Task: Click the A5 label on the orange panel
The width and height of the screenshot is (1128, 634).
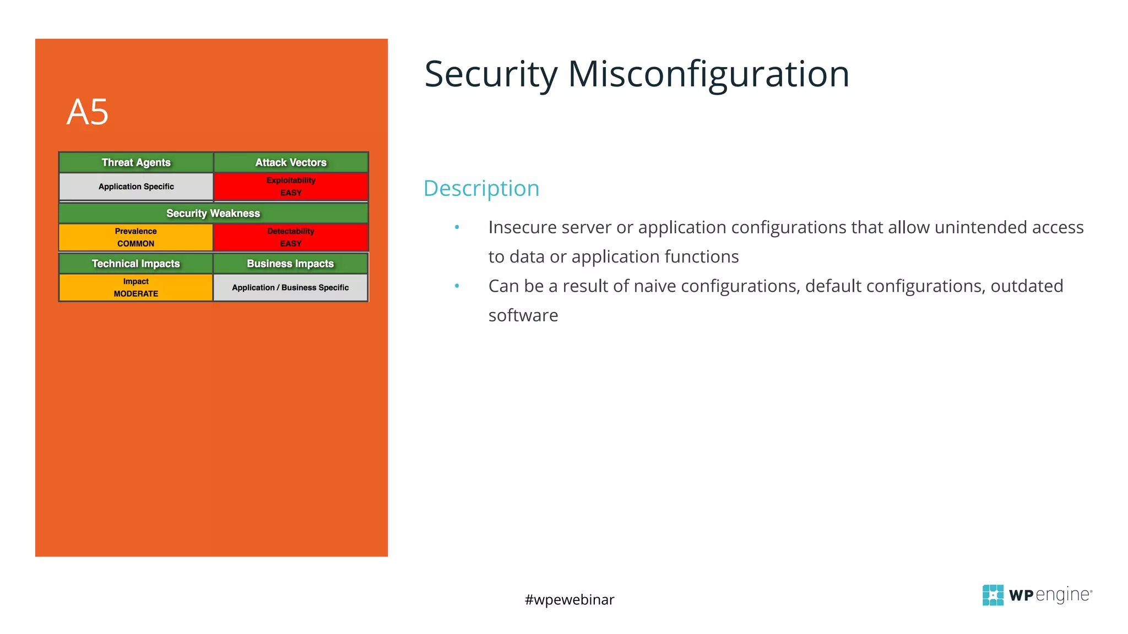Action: point(88,112)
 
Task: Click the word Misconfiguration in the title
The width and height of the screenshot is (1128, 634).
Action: point(708,74)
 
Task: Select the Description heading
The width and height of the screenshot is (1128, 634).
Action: point(481,188)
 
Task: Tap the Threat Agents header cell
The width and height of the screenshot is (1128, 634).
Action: point(136,162)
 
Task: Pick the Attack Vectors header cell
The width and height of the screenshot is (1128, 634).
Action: point(291,162)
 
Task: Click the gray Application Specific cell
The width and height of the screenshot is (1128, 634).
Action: point(136,187)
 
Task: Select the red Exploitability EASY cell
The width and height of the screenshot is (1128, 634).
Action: point(291,187)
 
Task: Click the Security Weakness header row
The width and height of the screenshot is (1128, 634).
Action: point(213,213)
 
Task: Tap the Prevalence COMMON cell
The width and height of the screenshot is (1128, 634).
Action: point(135,237)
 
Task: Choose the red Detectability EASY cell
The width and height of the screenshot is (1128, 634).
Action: point(291,237)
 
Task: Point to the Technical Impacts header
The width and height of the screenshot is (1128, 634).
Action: point(135,264)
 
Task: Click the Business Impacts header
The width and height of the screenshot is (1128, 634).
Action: point(290,264)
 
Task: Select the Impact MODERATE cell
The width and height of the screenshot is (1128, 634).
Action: point(135,287)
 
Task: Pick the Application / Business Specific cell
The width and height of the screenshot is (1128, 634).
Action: point(290,287)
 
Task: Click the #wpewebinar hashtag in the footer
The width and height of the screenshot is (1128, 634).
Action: point(569,599)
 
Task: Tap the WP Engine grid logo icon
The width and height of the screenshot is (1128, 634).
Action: point(993,595)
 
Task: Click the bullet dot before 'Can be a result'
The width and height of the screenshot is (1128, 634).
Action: point(457,286)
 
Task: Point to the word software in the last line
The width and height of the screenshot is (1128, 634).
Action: point(523,315)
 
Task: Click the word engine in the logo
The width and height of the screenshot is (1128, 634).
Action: point(1062,595)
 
